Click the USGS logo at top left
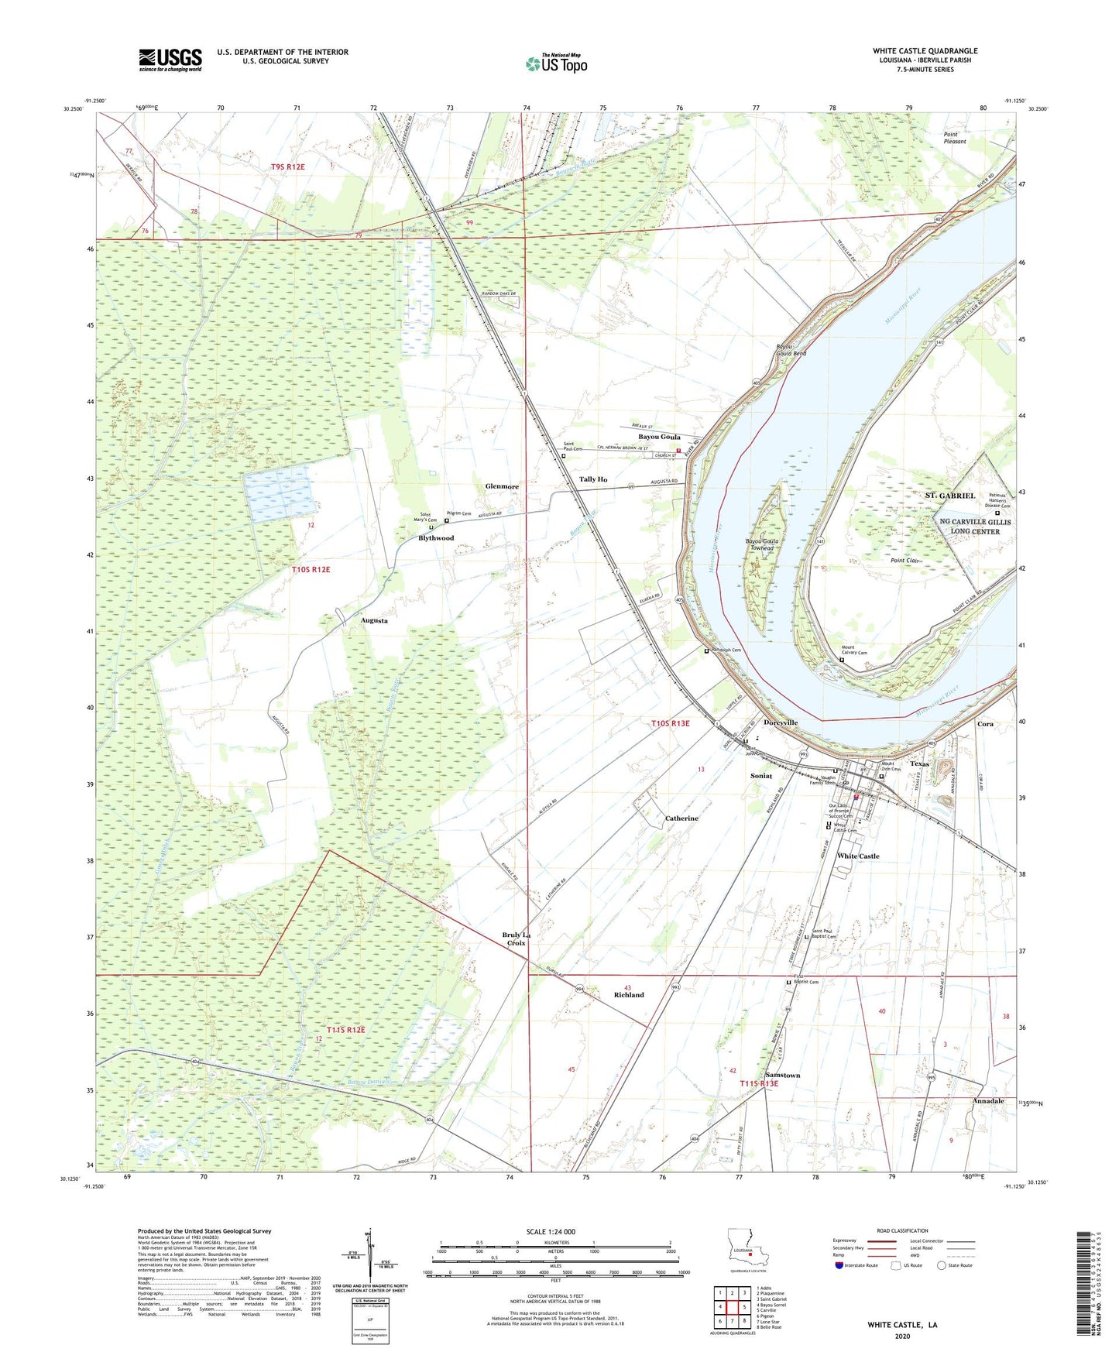point(170,60)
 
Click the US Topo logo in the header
point(556,63)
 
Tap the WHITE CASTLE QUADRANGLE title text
point(925,51)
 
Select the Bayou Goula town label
point(659,437)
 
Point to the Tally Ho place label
point(593,479)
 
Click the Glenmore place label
point(502,486)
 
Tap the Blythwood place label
point(436,538)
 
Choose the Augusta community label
point(374,621)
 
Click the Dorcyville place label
point(780,722)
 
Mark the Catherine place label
point(681,818)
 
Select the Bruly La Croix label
point(517,939)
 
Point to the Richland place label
point(629,995)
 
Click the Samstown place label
point(782,1076)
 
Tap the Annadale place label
point(988,1100)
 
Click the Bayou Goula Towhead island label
point(762,544)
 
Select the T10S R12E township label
point(311,570)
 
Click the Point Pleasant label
point(955,139)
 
